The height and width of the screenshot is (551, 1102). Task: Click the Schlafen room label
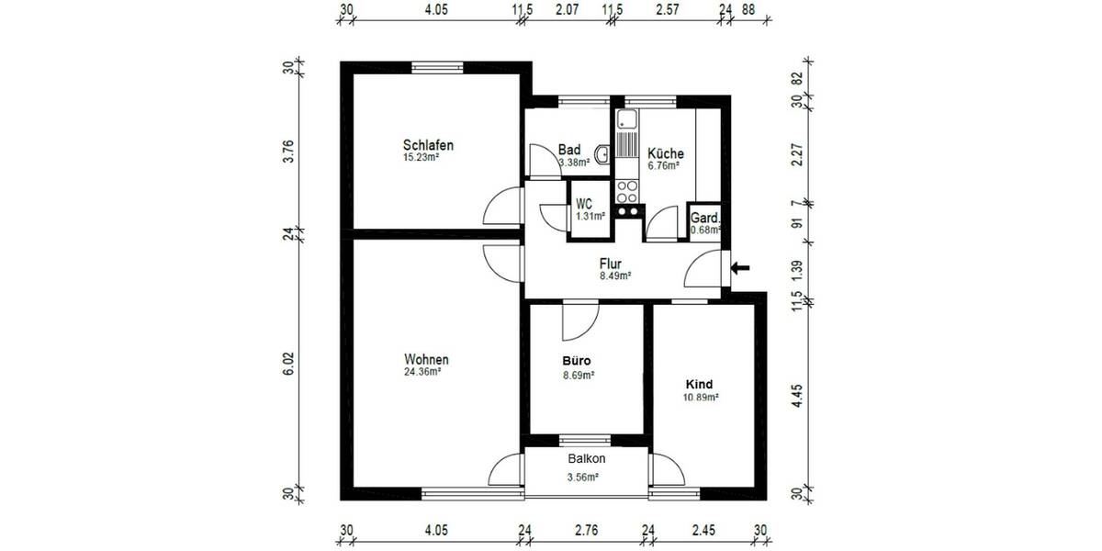click(x=428, y=145)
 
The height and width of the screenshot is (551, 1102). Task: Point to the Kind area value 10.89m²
click(x=700, y=398)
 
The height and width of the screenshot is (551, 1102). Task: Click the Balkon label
click(x=586, y=458)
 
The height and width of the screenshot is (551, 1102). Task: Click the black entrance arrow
click(x=740, y=268)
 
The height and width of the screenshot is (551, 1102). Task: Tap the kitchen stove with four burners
click(x=627, y=191)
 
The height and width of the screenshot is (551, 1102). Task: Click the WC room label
click(x=584, y=204)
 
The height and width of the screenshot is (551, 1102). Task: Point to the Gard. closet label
click(x=705, y=219)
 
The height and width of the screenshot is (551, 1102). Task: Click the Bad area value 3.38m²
click(x=574, y=163)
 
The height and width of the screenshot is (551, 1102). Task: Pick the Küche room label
click(x=665, y=153)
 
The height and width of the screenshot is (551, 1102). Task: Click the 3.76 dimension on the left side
click(x=287, y=151)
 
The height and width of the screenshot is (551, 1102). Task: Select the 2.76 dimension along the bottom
click(x=586, y=530)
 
